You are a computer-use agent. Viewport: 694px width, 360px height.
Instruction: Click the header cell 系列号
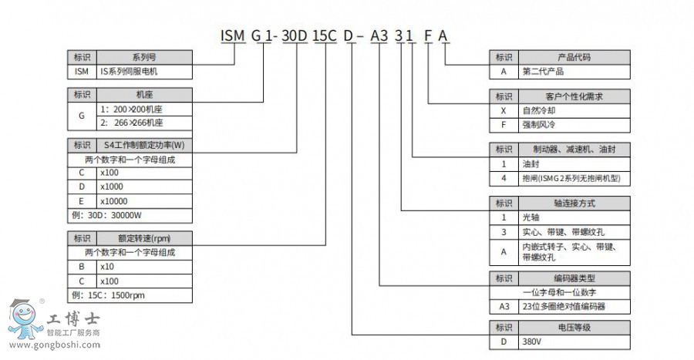[144, 57]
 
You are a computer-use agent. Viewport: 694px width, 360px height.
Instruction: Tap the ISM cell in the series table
[82, 71]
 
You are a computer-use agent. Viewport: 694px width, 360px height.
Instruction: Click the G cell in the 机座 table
[82, 115]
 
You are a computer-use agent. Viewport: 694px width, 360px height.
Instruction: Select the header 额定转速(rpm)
[144, 237]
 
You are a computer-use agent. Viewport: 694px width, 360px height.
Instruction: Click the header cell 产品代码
[572, 57]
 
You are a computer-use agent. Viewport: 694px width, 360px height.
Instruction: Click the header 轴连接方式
[572, 204]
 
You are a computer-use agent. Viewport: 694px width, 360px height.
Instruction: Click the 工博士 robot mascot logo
[25, 318]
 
